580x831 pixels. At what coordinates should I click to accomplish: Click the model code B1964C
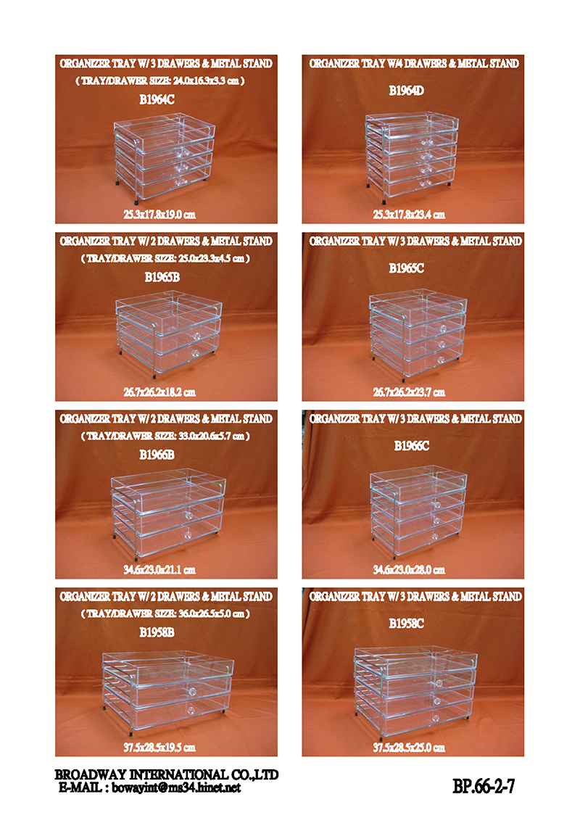pyautogui.click(x=157, y=99)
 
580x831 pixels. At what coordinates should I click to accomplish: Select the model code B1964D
pyautogui.click(x=406, y=91)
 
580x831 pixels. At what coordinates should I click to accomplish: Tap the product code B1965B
pyautogui.click(x=162, y=277)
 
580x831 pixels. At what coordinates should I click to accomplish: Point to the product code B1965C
pyautogui.click(x=406, y=268)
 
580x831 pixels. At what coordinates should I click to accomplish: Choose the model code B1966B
pyautogui.click(x=157, y=455)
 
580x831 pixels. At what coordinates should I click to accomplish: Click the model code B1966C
pyautogui.click(x=412, y=446)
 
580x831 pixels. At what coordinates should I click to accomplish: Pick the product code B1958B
pyautogui.click(x=157, y=632)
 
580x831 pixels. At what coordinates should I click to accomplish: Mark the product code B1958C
pyautogui.click(x=406, y=624)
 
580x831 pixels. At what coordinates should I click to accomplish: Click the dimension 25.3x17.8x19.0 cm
pyautogui.click(x=159, y=215)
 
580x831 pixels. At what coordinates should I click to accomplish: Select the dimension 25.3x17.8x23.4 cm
pyautogui.click(x=409, y=215)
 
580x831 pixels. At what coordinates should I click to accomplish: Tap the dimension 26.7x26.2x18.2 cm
pyautogui.click(x=159, y=392)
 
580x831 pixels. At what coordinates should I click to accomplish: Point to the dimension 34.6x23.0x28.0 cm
pyautogui.click(x=409, y=570)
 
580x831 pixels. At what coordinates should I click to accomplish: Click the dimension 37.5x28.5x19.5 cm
pyautogui.click(x=159, y=748)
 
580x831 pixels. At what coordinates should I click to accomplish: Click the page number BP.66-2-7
pyautogui.click(x=483, y=786)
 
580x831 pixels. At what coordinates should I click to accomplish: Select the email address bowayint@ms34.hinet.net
pyautogui.click(x=176, y=787)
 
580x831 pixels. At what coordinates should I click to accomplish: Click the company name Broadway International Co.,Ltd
pyautogui.click(x=166, y=775)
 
